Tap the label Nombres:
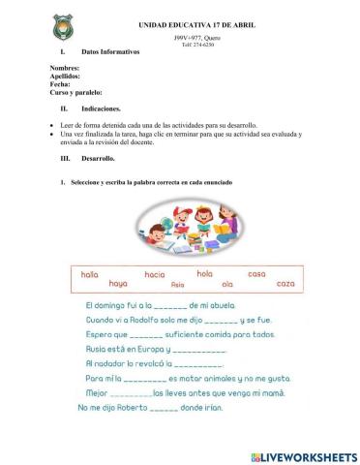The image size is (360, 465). pyautogui.click(x=65, y=69)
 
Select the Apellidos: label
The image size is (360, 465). pyautogui.click(x=65, y=77)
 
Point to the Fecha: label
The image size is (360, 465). pyautogui.click(x=60, y=84)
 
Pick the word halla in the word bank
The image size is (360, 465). pyautogui.click(x=90, y=274)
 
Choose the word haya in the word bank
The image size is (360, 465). pyautogui.click(x=118, y=284)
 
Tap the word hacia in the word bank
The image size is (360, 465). pyautogui.click(x=155, y=274)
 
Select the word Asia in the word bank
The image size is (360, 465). pyautogui.click(x=176, y=285)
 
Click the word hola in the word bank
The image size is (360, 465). pyautogui.click(x=204, y=274)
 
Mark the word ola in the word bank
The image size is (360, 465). pyautogui.click(x=228, y=284)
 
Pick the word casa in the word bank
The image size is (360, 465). pyautogui.click(x=256, y=274)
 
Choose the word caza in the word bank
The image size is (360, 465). pyautogui.click(x=285, y=284)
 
